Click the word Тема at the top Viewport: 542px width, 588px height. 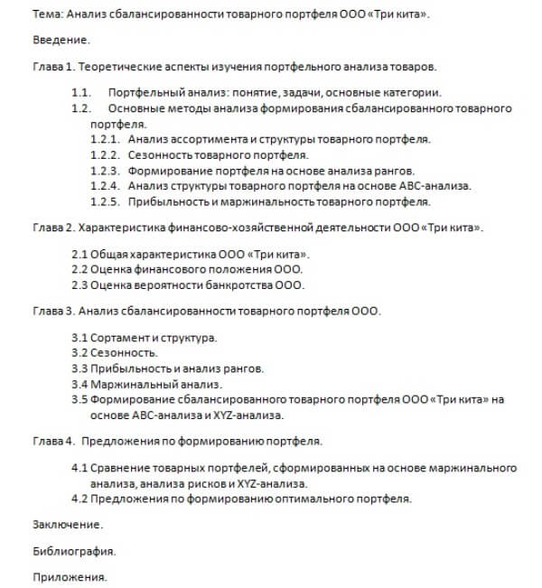(46, 15)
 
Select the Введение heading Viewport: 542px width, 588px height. (61, 42)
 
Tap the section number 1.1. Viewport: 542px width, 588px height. (81, 93)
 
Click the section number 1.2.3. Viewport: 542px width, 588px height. (106, 170)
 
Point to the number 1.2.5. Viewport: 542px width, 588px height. (106, 201)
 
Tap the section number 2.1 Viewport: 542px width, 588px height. (79, 254)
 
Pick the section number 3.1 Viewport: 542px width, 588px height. (79, 337)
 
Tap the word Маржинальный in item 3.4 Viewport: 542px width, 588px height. (128, 384)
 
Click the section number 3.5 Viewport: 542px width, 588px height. (79, 399)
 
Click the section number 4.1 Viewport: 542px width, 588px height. (79, 468)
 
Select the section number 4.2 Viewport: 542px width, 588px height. (79, 499)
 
